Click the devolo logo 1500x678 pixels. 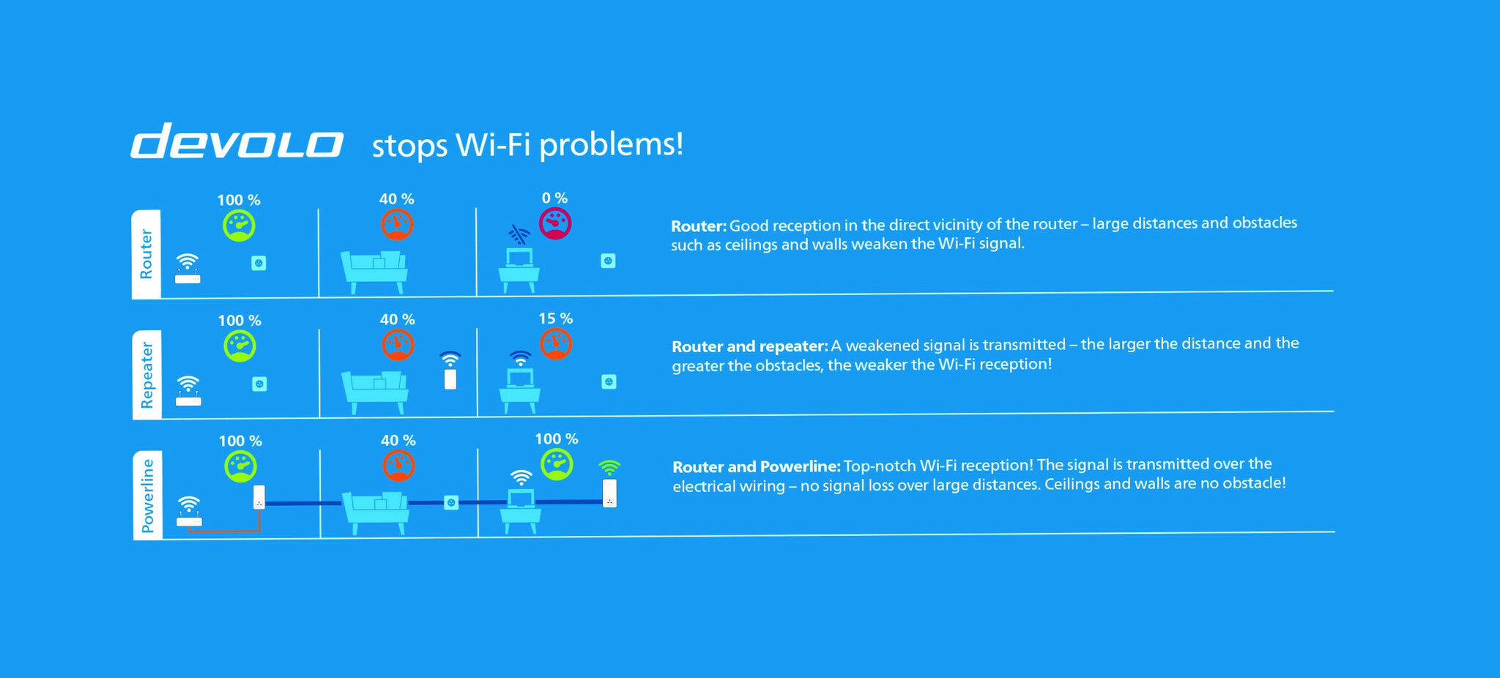(237, 141)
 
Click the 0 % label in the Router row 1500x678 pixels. (554, 198)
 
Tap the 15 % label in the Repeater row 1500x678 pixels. (555, 318)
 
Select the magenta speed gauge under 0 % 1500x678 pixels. (555, 223)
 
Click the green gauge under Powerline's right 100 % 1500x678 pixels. (557, 464)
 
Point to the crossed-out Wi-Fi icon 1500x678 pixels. (519, 235)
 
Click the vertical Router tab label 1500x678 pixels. (146, 253)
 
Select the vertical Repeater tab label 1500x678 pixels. (147, 375)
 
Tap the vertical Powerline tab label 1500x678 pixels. (148, 496)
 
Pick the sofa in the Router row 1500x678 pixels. (374, 272)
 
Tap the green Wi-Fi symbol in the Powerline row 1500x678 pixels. (609, 467)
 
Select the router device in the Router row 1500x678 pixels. (187, 269)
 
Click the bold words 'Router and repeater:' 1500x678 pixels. (750, 346)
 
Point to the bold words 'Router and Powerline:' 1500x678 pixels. (757, 467)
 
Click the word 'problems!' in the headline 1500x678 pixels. (612, 145)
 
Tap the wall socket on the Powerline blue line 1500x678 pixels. (451, 502)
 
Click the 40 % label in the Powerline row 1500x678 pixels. (398, 440)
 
